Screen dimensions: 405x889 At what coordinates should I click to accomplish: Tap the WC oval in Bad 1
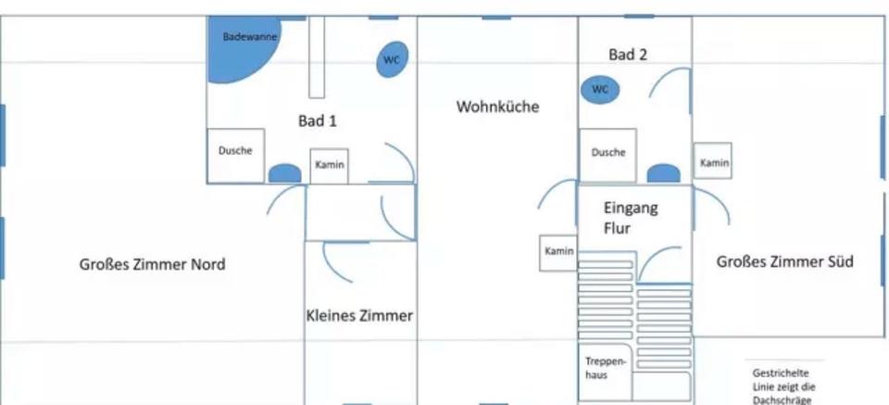[x=392, y=60]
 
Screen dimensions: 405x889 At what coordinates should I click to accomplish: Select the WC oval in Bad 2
[x=600, y=90]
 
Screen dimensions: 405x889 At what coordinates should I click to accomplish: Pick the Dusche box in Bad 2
[x=607, y=155]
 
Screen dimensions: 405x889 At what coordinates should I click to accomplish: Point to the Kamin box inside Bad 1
[x=330, y=166]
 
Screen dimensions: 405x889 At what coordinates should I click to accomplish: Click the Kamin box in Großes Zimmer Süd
[x=713, y=162]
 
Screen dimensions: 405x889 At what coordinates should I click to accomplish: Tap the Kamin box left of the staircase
[x=559, y=252]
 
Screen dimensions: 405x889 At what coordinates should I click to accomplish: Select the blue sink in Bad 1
[x=284, y=173]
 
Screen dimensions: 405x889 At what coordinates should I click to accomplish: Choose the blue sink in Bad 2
[x=662, y=173]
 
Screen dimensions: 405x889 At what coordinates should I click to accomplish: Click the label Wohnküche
[x=497, y=108]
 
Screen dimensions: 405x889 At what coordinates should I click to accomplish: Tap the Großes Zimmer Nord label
[x=152, y=265]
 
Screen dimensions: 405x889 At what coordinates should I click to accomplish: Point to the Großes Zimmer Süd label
[x=784, y=262]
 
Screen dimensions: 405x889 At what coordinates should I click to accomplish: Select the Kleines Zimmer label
[x=359, y=316]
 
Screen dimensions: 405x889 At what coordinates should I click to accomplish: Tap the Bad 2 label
[x=627, y=55]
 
